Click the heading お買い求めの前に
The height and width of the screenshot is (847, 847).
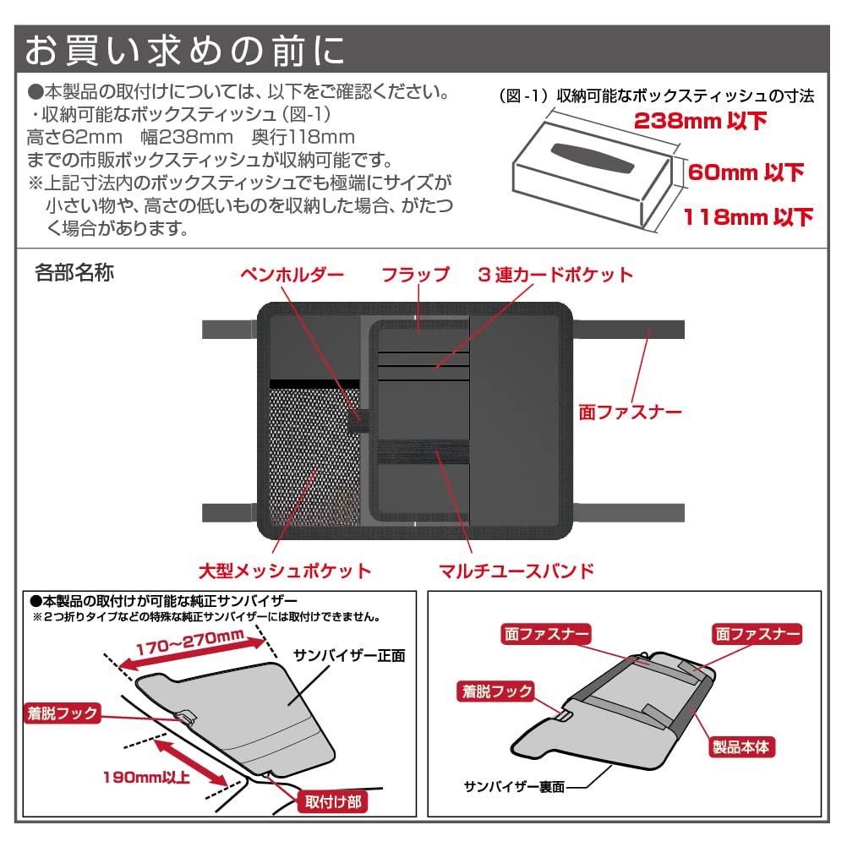[184, 50]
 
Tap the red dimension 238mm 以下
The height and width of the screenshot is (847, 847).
[701, 121]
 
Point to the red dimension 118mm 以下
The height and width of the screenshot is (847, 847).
[747, 217]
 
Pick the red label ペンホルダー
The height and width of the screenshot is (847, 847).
[292, 275]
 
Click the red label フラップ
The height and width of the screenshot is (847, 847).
[415, 275]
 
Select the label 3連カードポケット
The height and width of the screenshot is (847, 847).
[555, 275]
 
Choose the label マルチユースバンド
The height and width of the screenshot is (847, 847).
[516, 570]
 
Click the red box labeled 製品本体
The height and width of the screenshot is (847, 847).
[741, 746]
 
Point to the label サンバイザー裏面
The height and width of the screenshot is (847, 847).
[509, 785]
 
